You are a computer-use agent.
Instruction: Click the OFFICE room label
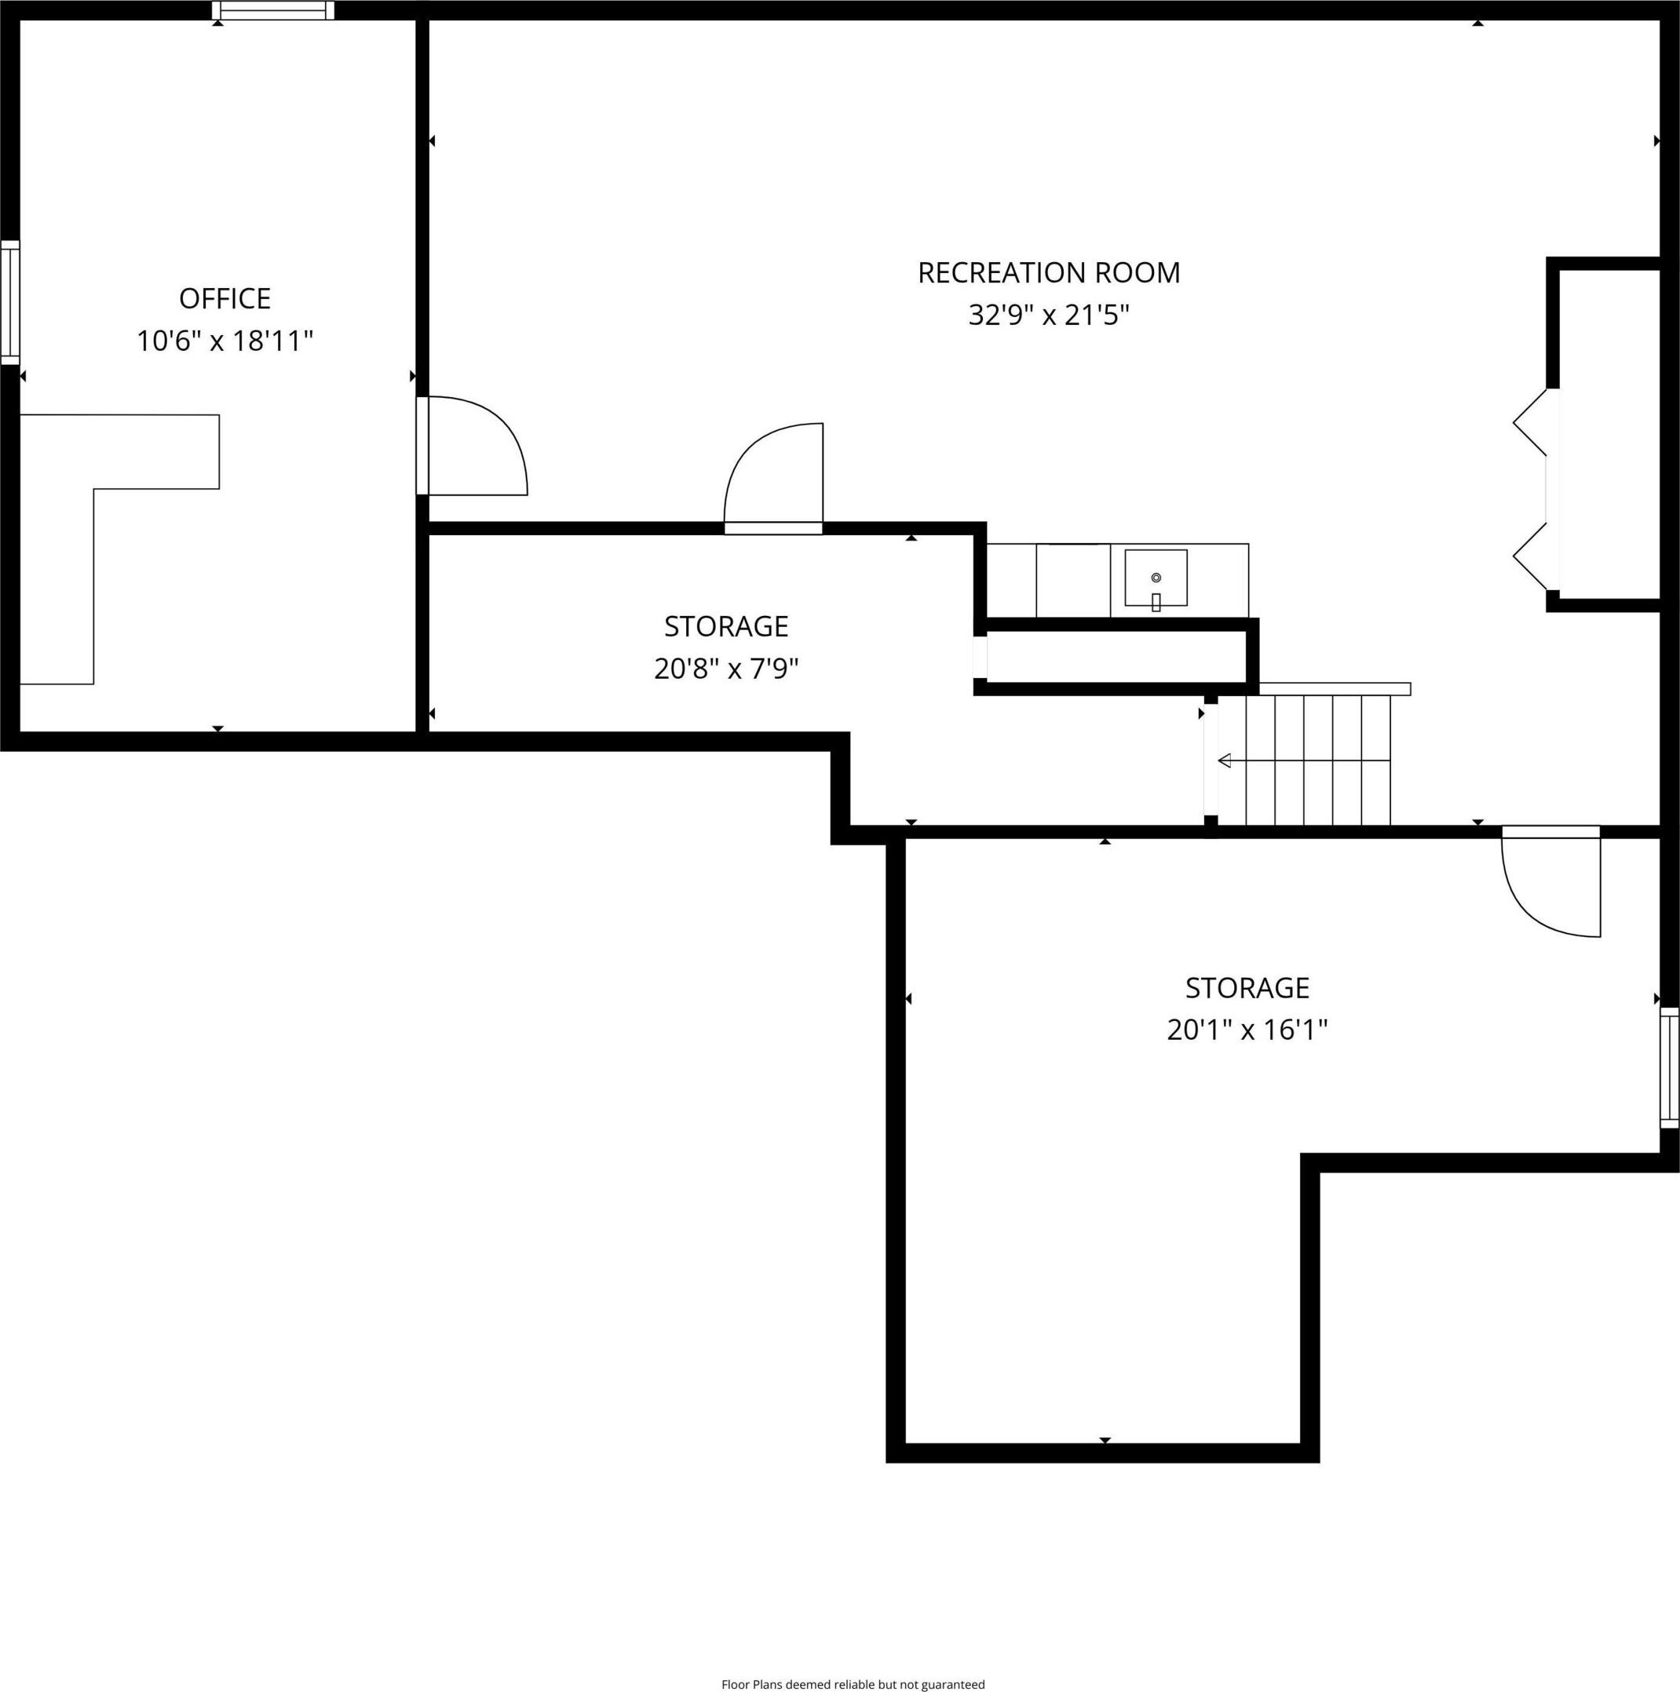[x=225, y=299]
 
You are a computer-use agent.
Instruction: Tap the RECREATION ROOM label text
[x=1049, y=273]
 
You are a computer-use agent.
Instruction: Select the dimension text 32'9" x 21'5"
[x=1049, y=315]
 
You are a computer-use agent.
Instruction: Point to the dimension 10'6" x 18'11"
[x=225, y=340]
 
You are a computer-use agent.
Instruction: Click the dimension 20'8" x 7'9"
[x=726, y=669]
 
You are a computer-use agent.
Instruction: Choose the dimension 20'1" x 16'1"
[x=1247, y=1029]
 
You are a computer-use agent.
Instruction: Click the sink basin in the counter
[x=1156, y=578]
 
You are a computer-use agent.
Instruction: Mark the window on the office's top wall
[x=273, y=10]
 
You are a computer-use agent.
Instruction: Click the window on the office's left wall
[x=9, y=302]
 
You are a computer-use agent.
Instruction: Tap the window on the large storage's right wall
[x=1670, y=1067]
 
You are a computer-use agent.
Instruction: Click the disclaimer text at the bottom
[x=853, y=1683]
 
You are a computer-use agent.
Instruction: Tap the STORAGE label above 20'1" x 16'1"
[x=1247, y=988]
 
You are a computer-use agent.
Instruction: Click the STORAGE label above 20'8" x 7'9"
[x=726, y=627]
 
